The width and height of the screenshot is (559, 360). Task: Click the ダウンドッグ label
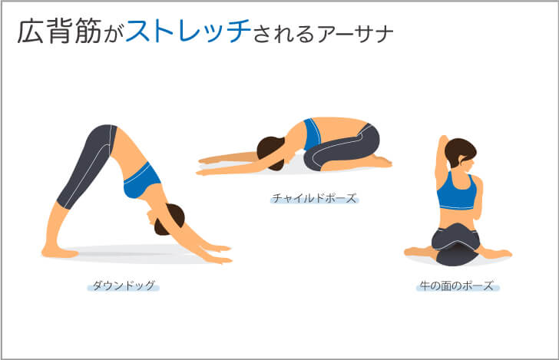[123, 286]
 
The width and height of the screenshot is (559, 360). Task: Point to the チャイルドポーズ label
[314, 198]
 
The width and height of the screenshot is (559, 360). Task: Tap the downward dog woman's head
[170, 219]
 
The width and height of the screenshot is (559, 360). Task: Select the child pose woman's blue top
[312, 134]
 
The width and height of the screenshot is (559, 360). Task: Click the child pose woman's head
[270, 149]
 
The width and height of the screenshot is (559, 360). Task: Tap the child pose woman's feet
[380, 162]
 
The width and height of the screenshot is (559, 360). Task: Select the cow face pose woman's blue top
[457, 195]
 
